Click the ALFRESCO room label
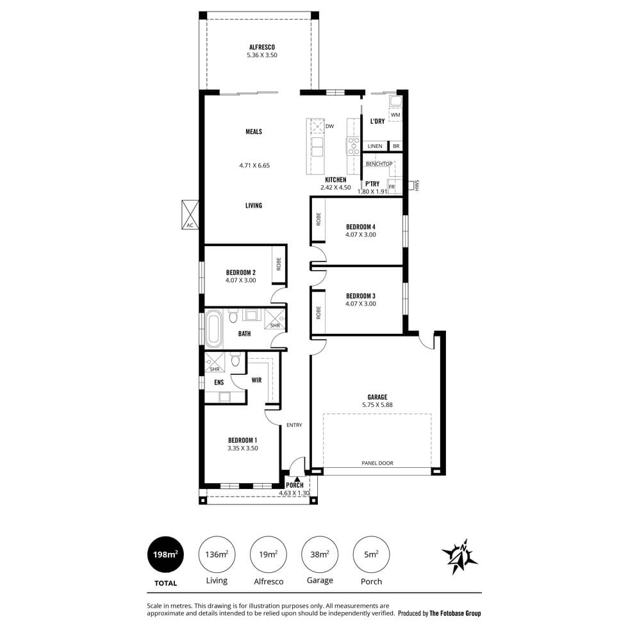[262, 47]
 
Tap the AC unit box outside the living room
[190, 215]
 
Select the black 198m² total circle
[165, 555]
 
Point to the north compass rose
[459, 556]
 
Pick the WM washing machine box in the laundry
[395, 115]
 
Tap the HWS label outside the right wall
[417, 185]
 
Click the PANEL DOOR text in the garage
[377, 463]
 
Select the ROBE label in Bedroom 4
[318, 219]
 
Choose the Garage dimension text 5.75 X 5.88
[377, 405]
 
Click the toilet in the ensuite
[235, 360]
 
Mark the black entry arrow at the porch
[297, 479]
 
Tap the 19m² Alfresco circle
[269, 555]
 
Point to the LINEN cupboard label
[375, 146]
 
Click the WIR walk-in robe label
[257, 380]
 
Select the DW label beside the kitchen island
[329, 127]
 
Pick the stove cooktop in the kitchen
[353, 146]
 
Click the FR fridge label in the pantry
[392, 187]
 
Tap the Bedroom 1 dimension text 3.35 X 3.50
[243, 449]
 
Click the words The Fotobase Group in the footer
[455, 613]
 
